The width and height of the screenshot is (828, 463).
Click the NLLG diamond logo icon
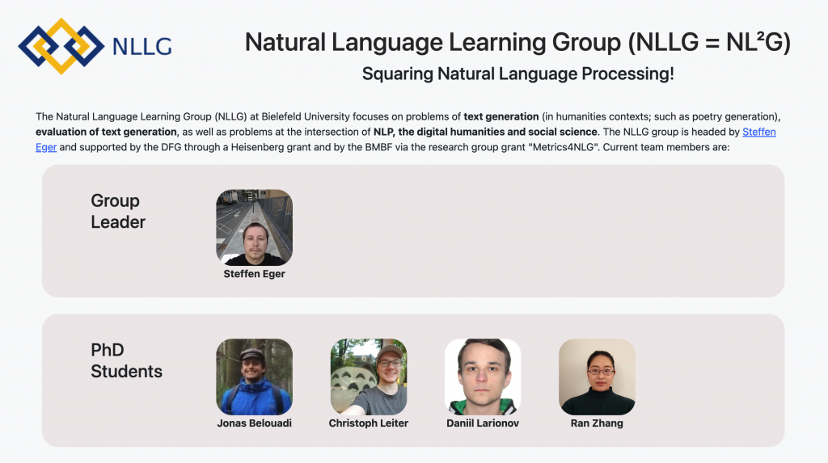[x=61, y=46]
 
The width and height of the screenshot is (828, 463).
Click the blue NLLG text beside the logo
[x=142, y=46]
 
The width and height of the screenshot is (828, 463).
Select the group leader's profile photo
[x=254, y=228]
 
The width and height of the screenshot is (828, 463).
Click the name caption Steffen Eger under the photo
[x=254, y=274]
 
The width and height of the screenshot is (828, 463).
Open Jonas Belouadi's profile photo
[x=254, y=377]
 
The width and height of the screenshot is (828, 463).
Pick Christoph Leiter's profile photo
[x=369, y=377]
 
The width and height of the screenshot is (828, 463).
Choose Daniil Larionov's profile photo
[x=483, y=377]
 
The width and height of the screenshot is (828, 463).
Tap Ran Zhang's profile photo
[x=597, y=377]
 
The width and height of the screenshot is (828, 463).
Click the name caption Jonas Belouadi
[x=254, y=423]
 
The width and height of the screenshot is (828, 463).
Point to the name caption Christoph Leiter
[x=369, y=423]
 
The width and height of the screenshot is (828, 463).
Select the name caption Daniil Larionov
[x=483, y=423]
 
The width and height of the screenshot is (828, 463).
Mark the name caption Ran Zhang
[x=597, y=423]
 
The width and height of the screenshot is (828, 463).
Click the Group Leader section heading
[x=118, y=211]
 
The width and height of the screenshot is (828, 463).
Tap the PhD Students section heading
[x=126, y=360]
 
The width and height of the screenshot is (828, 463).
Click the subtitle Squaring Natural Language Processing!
[x=518, y=74]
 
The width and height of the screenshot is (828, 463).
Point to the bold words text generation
[x=501, y=116]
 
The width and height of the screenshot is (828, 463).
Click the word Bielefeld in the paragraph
[x=283, y=116]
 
